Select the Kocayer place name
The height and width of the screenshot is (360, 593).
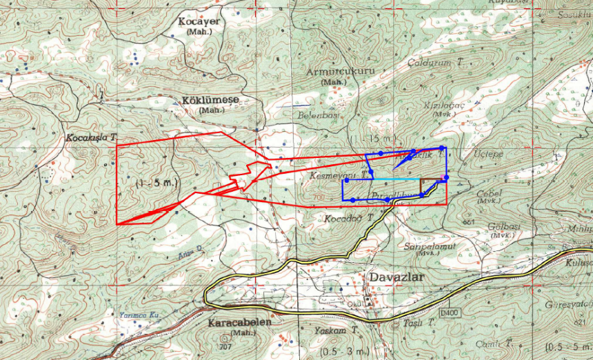pos(199,21)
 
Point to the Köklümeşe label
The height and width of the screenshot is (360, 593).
pos(210,100)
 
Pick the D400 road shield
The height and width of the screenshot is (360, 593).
pos(450,314)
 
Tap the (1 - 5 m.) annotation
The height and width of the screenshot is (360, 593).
pos(157,183)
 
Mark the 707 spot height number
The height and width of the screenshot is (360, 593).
pos(225,346)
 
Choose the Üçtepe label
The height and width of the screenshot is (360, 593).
pos(490,154)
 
